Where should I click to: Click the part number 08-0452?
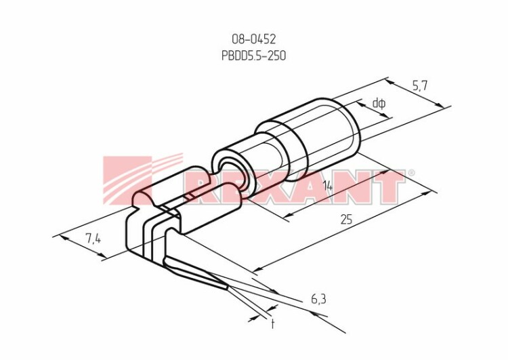tap(254, 39)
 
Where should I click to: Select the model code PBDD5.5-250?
tap(254, 56)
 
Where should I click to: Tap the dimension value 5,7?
tap(420, 86)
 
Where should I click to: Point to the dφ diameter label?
tap(379, 104)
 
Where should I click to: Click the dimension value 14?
tap(328, 186)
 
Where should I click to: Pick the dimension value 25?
tap(346, 220)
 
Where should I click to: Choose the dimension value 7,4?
tap(93, 239)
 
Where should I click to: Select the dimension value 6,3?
tap(318, 300)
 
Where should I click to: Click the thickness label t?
tap(273, 323)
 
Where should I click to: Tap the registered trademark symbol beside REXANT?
tap(410, 173)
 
